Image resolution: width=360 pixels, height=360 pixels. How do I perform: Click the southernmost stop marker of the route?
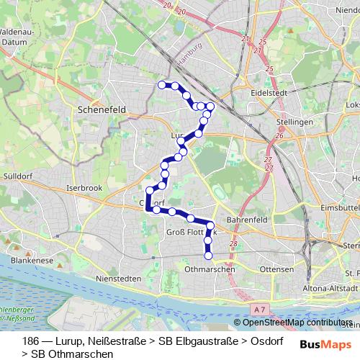(209, 255)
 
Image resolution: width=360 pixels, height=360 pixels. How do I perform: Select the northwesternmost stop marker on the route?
(162, 85)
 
